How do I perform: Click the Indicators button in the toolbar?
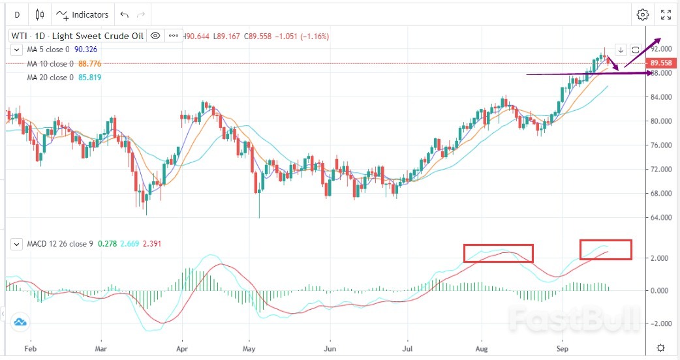(x=82, y=14)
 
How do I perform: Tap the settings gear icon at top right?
(x=643, y=14)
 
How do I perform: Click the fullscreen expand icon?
(x=666, y=14)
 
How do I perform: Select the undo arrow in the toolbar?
(x=125, y=14)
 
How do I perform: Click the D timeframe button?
(x=17, y=14)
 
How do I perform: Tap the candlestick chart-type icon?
(x=40, y=14)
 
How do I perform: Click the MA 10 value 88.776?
(x=89, y=64)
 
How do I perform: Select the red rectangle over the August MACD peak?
(x=499, y=253)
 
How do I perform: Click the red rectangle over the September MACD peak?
(x=606, y=250)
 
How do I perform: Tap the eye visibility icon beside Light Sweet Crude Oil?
(x=155, y=36)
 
